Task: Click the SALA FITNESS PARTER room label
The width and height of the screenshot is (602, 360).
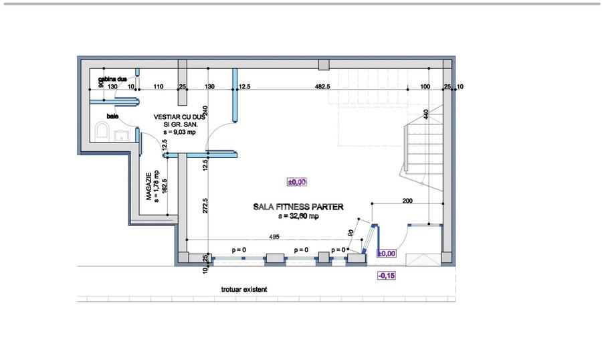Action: point(298,207)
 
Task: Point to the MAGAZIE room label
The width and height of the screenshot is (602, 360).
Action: point(150,185)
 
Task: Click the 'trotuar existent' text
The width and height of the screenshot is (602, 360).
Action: point(243,290)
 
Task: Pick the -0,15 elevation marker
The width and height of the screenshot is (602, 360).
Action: point(386,275)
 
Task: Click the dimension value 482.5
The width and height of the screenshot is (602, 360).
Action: point(322,86)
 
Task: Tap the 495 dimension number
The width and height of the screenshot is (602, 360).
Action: point(274,236)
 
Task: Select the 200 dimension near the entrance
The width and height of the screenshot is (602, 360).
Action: point(407,201)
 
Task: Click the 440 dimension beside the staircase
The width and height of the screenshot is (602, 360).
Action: point(426,114)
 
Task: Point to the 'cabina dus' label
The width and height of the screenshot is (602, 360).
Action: point(112,80)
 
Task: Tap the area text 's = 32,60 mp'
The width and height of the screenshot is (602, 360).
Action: point(298,216)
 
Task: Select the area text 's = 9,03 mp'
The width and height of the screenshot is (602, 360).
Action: point(172,132)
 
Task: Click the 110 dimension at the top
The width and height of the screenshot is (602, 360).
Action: point(159,86)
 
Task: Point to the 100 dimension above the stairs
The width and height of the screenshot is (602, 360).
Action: point(425,86)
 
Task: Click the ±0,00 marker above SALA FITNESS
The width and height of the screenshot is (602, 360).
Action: point(296,181)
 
